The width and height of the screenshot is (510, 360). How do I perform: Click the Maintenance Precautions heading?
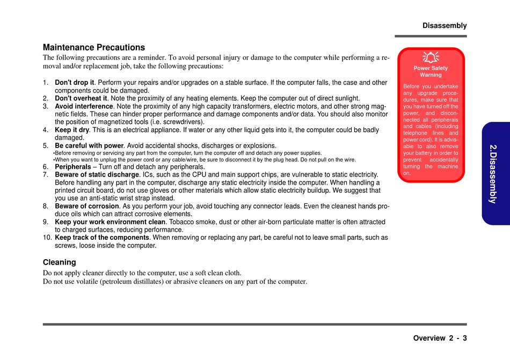(x=94, y=47)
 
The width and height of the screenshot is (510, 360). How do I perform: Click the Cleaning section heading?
(x=60, y=262)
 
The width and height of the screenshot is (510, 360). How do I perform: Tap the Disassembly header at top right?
(x=445, y=26)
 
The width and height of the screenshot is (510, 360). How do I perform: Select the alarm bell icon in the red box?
(x=431, y=57)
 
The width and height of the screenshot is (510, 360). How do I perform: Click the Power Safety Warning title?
(x=431, y=71)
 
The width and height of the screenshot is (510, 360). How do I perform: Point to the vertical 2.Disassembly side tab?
(x=494, y=173)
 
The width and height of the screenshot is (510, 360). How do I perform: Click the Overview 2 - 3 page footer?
(x=440, y=338)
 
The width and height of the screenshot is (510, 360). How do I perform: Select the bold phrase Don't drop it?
(x=75, y=83)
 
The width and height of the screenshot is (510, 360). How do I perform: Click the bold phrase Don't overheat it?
(x=81, y=98)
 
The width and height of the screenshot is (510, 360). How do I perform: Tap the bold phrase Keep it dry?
(x=72, y=130)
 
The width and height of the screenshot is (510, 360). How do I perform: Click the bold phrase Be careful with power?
(x=89, y=145)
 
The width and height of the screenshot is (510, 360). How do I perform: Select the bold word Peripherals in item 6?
(x=73, y=167)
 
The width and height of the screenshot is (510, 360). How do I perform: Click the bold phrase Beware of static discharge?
(x=97, y=175)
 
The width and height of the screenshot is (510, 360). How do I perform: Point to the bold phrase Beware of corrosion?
(x=87, y=206)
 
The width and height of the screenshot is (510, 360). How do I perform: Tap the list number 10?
(x=47, y=238)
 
